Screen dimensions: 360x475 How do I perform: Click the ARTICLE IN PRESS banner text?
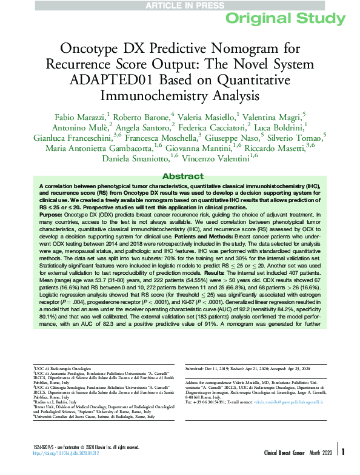179,5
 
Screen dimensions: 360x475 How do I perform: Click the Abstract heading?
179,175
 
